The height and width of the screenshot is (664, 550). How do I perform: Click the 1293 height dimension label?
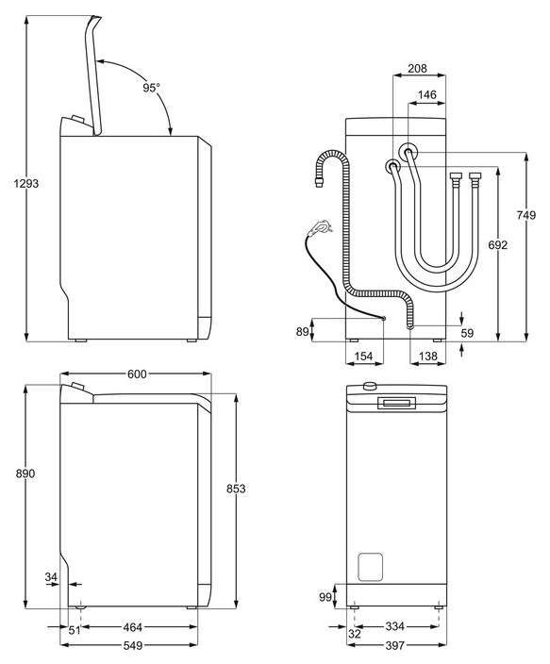click(25, 183)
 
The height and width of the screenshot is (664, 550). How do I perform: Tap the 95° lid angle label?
click(151, 88)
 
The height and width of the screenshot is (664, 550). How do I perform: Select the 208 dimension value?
click(417, 68)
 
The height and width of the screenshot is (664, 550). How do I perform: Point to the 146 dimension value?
click(426, 94)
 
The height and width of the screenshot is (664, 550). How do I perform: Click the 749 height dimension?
click(525, 215)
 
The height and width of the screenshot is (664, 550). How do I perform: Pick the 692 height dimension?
click(497, 245)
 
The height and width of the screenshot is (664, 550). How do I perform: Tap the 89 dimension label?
click(302, 332)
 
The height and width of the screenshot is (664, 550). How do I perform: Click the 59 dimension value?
click(467, 333)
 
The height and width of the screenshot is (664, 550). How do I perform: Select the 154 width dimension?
click(363, 357)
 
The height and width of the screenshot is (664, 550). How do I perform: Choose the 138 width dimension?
click(427, 357)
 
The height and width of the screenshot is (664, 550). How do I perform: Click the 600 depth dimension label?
click(137, 373)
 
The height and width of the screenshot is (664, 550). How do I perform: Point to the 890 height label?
click(25, 473)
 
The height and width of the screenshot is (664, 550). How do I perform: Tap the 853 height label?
click(236, 489)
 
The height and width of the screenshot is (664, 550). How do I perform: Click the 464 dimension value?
click(132, 627)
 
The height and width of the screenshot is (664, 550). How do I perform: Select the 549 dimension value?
click(133, 645)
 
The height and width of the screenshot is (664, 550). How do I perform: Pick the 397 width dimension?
click(395, 645)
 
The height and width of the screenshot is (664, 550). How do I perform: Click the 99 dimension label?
click(325, 597)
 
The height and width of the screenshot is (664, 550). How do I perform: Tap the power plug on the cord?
click(319, 227)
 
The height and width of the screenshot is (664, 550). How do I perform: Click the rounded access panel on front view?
click(371, 567)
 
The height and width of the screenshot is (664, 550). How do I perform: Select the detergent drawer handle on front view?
click(396, 403)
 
